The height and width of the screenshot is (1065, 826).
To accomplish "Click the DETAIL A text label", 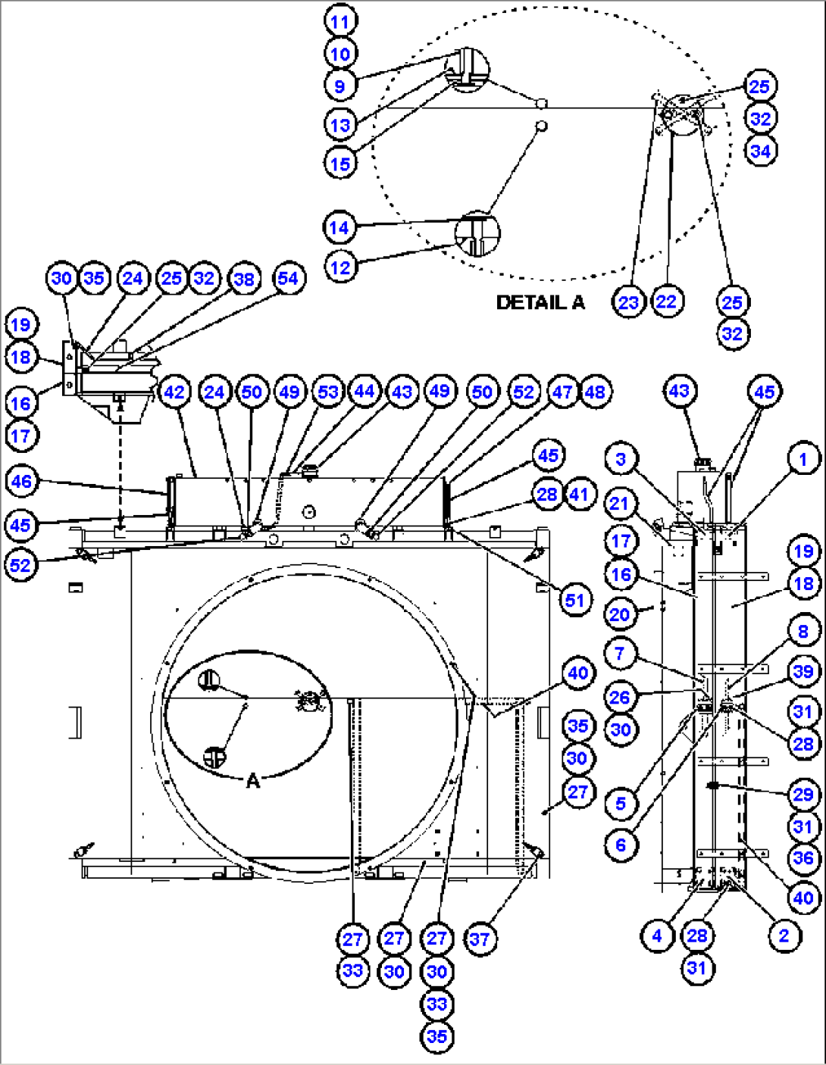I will pos(540,302).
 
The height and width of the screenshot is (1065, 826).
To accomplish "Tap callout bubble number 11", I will pos(340,21).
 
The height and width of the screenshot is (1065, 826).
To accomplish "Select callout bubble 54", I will pos(288,278).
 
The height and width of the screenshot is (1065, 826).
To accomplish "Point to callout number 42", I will pos(174,392).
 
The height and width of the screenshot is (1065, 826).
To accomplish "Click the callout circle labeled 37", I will pos(480,939).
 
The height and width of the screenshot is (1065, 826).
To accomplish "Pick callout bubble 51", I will pos(575,601).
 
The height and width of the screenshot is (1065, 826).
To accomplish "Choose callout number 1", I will pos(803,459).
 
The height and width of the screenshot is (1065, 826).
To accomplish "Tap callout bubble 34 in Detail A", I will pos(760,151).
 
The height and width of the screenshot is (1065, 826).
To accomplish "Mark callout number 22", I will pos(666,302).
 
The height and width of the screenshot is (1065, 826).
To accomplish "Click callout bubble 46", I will pos(21,481).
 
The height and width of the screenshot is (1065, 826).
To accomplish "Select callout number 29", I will pos(803,795).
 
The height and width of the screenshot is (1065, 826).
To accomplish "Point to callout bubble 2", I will pos(784,936).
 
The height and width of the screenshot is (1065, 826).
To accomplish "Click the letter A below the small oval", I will pos(253,781).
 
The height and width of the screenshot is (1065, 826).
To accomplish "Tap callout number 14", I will pos(339,227).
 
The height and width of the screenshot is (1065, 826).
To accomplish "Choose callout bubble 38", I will pos(244,279).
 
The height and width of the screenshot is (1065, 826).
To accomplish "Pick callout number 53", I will pos(328,392).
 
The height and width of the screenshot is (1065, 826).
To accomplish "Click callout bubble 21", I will pos(620,504).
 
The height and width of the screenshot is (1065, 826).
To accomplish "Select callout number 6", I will pos(621,845).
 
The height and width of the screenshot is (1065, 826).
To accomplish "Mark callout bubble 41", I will pos(578,495).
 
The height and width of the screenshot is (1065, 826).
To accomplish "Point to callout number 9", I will pos(340,86).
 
